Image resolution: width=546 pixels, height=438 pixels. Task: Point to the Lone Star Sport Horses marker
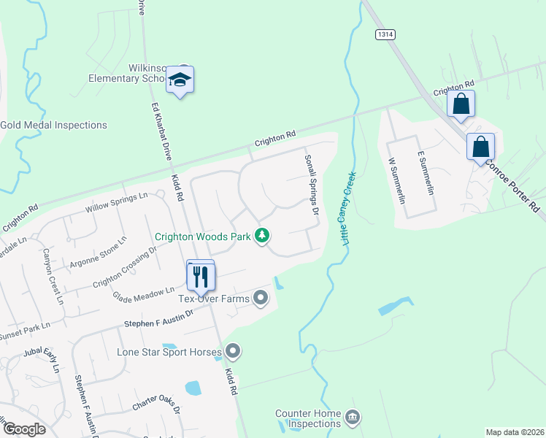click(233, 352)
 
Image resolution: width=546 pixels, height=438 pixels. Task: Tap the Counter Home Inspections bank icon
click(353, 417)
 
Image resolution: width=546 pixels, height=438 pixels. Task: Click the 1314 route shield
click(385, 34)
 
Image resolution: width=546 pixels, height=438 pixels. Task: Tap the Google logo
click(25, 429)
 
